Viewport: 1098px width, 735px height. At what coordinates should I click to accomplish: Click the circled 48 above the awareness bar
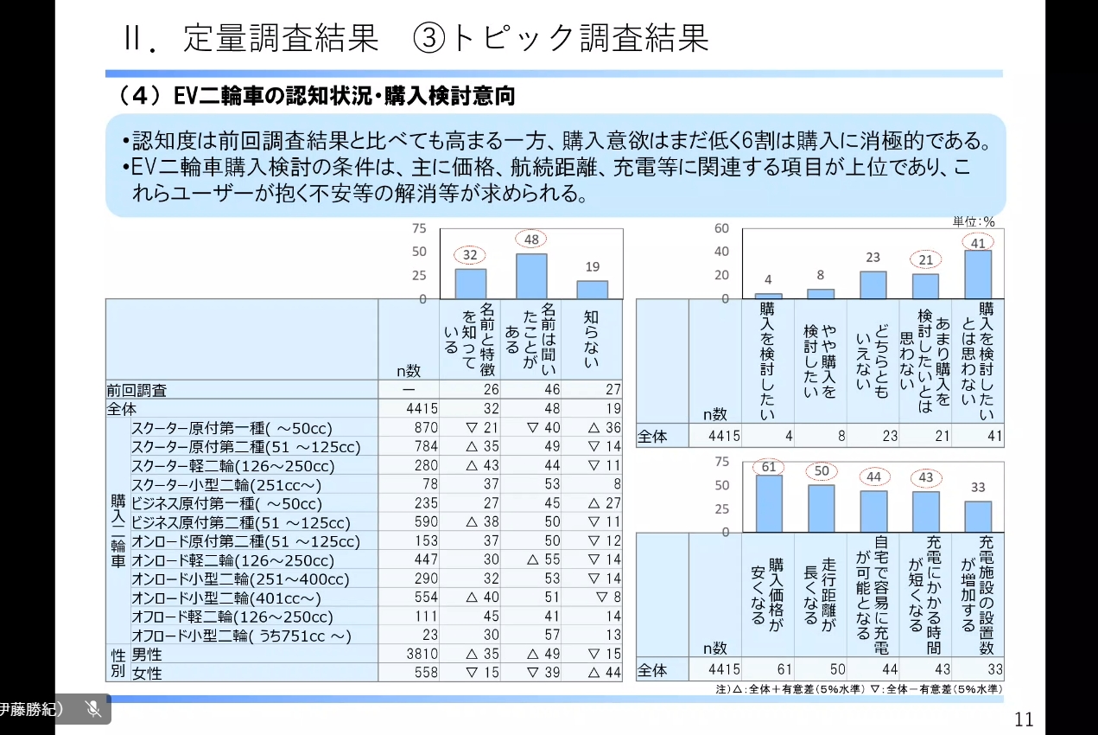(x=531, y=239)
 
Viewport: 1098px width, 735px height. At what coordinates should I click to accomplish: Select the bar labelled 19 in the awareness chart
(x=592, y=290)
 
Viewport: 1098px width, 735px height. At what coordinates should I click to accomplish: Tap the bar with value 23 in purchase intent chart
(x=873, y=285)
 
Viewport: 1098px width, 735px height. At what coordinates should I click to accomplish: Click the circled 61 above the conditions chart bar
(x=769, y=468)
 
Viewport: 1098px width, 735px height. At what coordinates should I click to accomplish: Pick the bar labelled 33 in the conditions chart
(x=978, y=516)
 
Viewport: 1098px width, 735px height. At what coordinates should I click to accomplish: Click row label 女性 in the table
(x=147, y=673)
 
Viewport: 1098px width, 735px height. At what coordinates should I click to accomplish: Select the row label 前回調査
(x=136, y=390)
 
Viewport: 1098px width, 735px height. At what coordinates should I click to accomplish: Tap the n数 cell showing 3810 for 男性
(x=422, y=654)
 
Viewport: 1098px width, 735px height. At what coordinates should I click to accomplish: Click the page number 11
(x=1024, y=719)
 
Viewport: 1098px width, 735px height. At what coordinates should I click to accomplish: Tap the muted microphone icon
(x=93, y=709)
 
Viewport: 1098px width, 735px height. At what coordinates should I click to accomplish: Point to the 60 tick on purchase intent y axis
(x=721, y=228)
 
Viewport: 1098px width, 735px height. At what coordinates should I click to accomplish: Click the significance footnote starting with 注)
(x=859, y=689)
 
